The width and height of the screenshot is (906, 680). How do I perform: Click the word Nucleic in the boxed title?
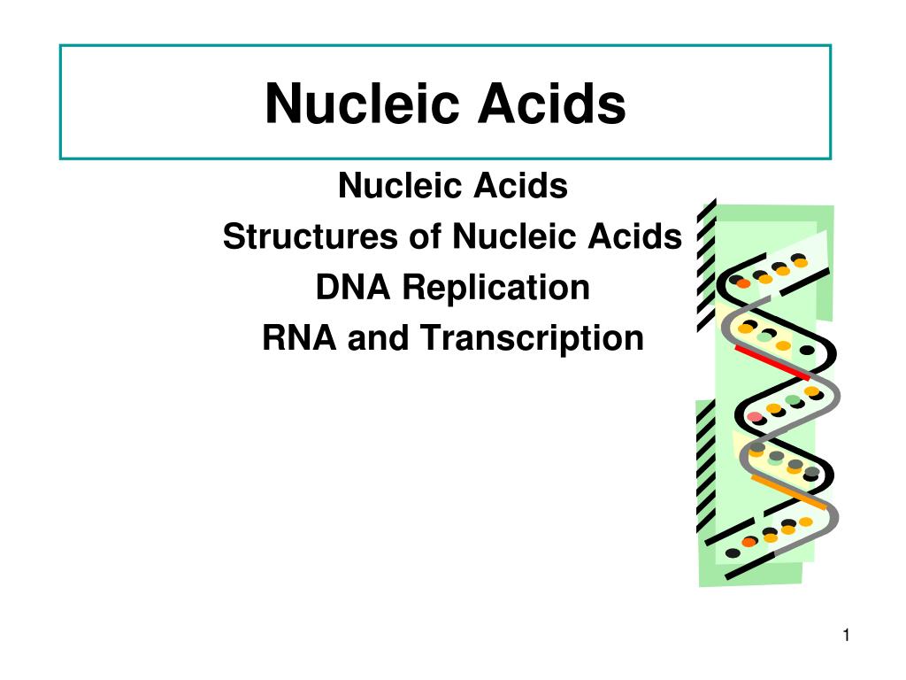click(364, 104)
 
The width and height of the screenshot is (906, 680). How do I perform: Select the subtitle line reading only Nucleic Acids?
click(452, 187)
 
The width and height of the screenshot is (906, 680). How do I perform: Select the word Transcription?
click(531, 338)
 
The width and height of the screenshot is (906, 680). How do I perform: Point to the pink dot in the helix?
click(754, 417)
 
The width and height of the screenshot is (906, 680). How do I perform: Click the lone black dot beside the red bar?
click(806, 351)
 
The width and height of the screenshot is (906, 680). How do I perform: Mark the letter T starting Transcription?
click(427, 338)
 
